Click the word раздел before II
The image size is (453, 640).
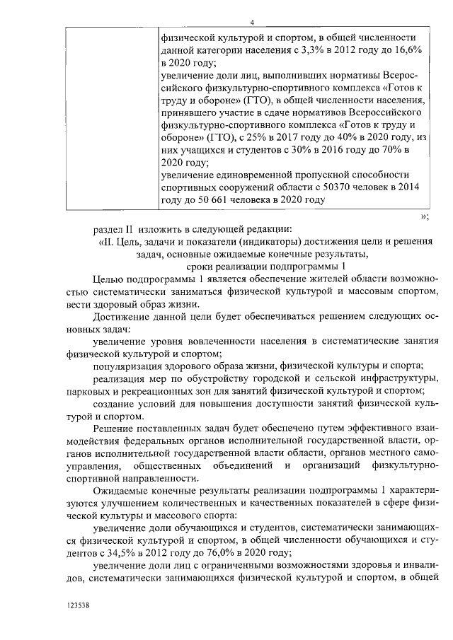(x=109, y=228)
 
